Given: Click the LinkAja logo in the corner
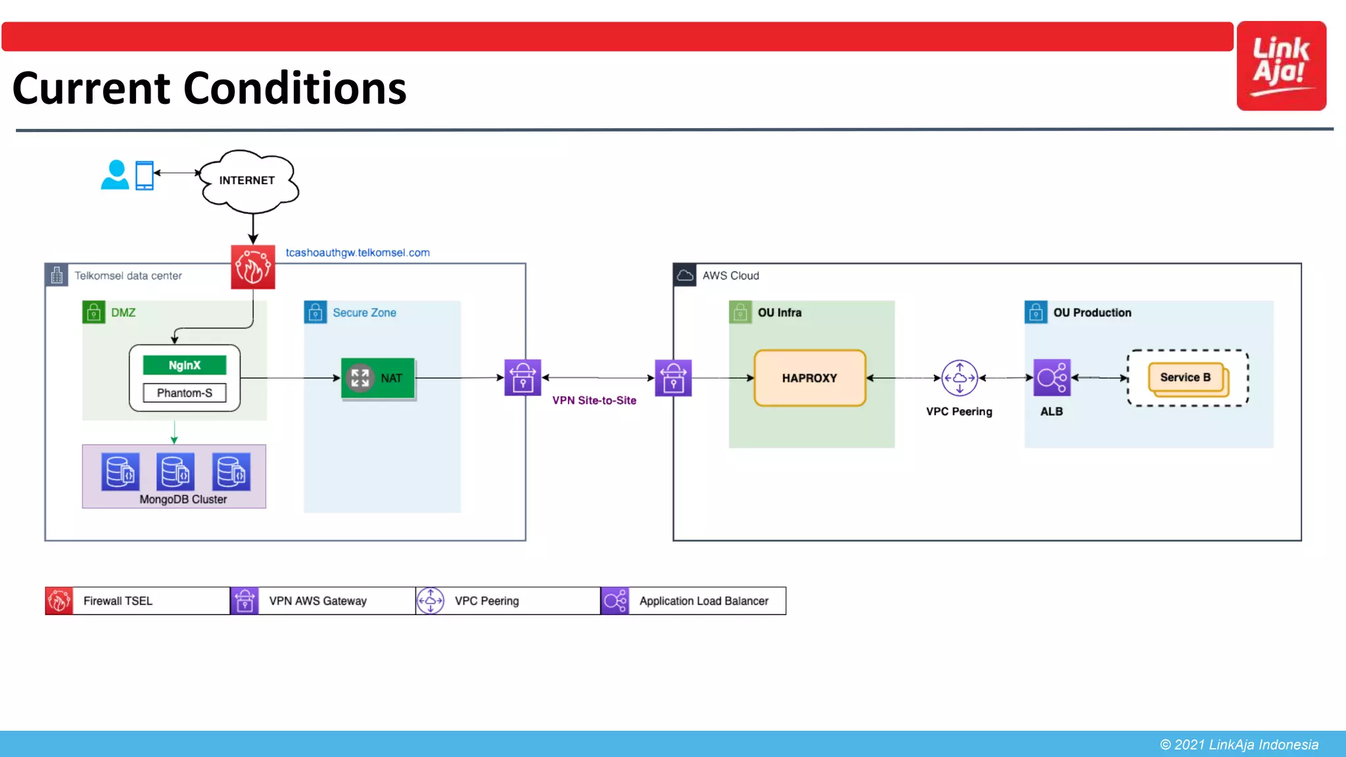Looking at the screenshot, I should [x=1281, y=66].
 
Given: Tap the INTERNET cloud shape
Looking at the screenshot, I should [x=248, y=181].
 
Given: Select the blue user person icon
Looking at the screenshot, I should [x=115, y=175].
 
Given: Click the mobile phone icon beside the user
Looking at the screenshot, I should [x=144, y=175].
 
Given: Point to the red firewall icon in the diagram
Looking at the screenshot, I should [x=253, y=267].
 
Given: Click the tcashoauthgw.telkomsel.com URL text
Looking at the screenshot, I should [x=358, y=252].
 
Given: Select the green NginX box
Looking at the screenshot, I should [x=185, y=365].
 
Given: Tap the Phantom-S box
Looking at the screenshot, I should [x=185, y=393].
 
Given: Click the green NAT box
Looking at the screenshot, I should [x=378, y=378].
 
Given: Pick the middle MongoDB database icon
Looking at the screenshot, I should [x=175, y=471].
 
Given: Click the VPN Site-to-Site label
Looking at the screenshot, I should [x=594, y=400].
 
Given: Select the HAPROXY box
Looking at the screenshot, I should [x=810, y=378].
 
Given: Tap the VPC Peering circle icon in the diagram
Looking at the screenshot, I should [x=960, y=378].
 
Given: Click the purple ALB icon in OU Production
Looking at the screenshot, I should [x=1052, y=378].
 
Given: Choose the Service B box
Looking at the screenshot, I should [x=1186, y=378].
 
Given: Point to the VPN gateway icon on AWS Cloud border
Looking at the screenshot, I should [x=673, y=378].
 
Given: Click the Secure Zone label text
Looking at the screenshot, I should [x=364, y=313].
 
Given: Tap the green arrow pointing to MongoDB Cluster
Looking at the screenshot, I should [x=174, y=432].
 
